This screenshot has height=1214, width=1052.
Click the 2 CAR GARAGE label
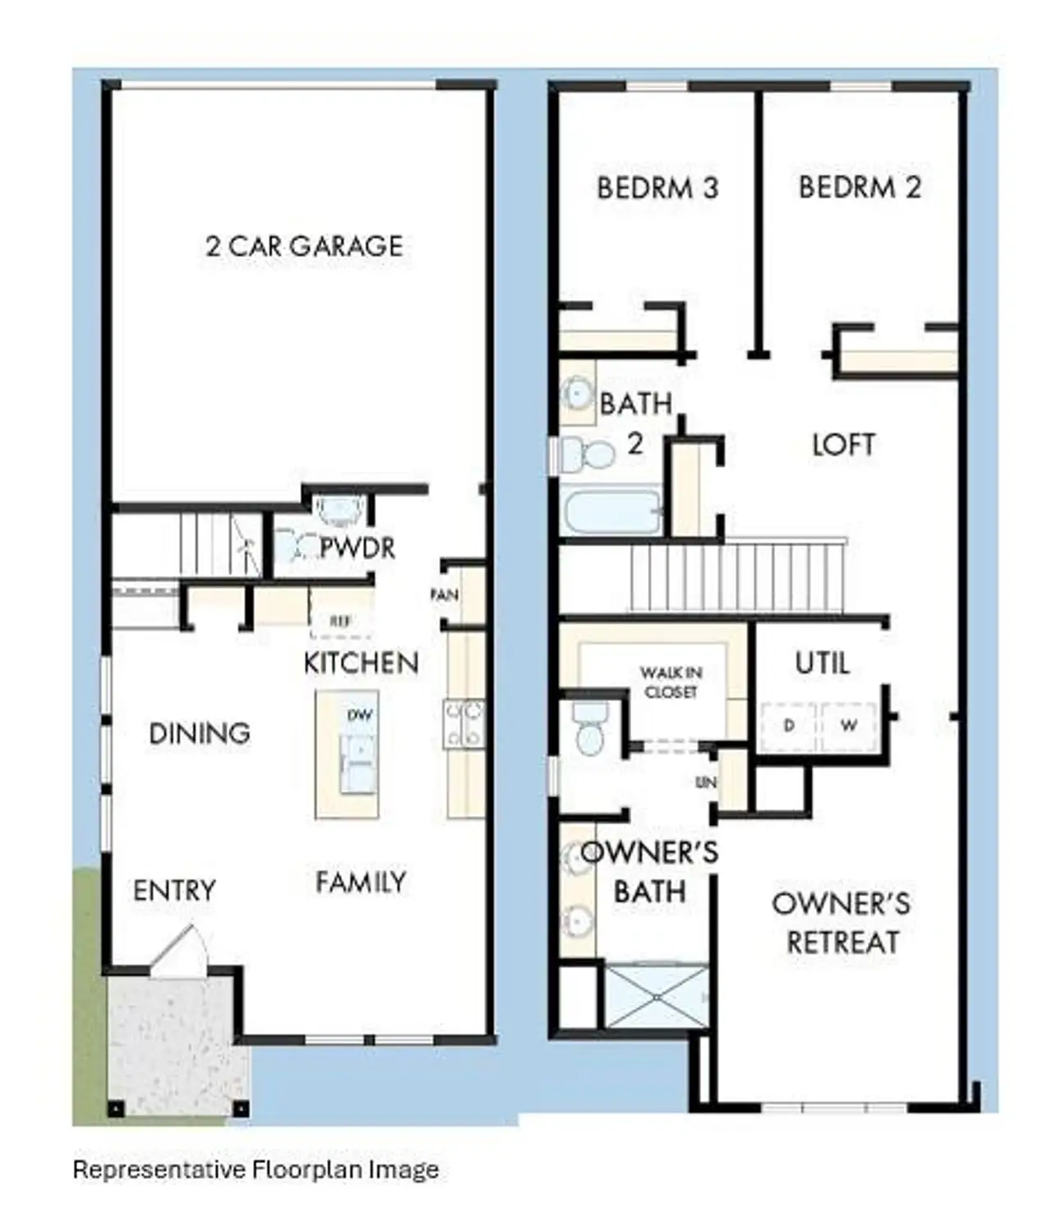click(x=304, y=246)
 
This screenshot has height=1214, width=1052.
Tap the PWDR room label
click(x=357, y=547)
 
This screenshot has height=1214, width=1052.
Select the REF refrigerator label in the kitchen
click(x=340, y=621)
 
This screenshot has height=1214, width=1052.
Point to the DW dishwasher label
click(x=360, y=715)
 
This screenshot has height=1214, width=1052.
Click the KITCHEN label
click(x=361, y=662)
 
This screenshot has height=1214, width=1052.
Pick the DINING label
click(x=200, y=733)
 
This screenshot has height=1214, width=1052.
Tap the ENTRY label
click(x=174, y=890)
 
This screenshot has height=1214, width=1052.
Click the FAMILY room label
click(x=361, y=882)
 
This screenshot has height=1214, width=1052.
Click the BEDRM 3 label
click(x=657, y=188)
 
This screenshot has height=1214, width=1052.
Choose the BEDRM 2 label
click(x=860, y=187)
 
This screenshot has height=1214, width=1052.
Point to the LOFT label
click(x=843, y=445)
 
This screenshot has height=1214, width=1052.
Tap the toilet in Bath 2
click(x=590, y=453)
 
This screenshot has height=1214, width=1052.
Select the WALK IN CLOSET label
click(x=671, y=682)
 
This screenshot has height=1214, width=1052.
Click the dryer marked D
click(x=789, y=726)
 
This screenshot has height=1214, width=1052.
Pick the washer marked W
click(x=849, y=726)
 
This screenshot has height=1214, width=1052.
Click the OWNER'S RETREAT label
click(x=842, y=922)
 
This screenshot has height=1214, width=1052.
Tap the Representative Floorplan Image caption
click(x=256, y=1169)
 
